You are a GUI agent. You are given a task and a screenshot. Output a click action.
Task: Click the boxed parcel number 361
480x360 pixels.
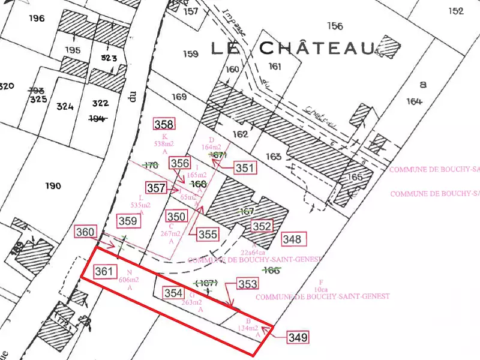point(104,272)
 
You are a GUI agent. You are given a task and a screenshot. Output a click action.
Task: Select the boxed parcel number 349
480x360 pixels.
point(298,337)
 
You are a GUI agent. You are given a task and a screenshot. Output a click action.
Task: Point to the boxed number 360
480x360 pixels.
point(85,232)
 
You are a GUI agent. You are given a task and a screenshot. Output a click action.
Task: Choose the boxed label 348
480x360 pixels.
point(292,239)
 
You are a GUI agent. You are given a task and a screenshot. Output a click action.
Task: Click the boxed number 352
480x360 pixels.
point(262,226)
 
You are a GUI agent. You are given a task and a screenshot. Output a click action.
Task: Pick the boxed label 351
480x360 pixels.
point(244,168)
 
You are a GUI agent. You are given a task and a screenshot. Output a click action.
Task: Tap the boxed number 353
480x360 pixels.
point(247,284)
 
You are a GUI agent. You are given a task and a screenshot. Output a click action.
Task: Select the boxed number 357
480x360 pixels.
point(156,188)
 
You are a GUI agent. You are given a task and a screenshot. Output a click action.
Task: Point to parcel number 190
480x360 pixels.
point(53,186)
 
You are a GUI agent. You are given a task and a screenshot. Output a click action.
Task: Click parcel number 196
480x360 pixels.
point(37,19)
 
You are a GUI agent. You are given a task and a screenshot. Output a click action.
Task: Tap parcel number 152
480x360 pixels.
point(455,11)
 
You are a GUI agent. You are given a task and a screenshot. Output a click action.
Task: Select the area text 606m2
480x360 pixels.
point(129,280)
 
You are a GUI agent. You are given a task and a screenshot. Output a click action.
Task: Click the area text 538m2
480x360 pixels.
point(164,144)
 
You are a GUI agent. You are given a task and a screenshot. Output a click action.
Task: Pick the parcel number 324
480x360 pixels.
point(65,107)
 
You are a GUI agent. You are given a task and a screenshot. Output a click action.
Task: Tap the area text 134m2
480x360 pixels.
point(248,328)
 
